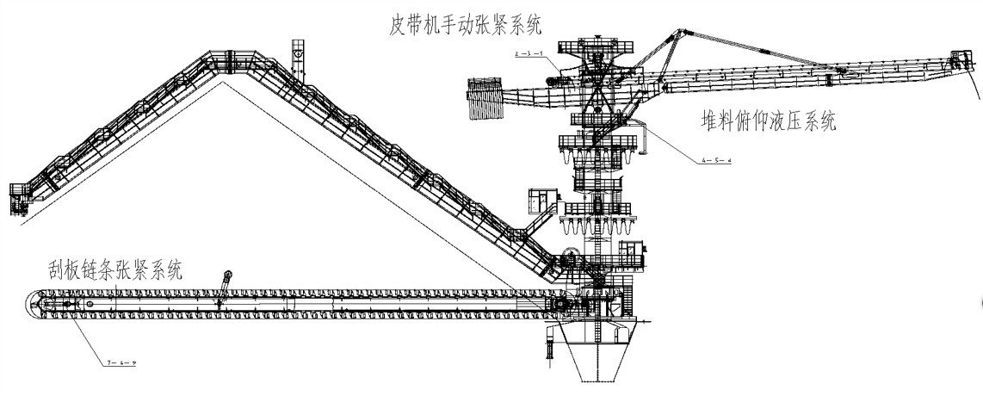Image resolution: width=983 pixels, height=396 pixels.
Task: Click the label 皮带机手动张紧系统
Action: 465,26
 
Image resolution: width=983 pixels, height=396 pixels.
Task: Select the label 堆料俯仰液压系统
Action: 768,121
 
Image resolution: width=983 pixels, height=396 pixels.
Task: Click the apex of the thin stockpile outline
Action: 226,83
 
